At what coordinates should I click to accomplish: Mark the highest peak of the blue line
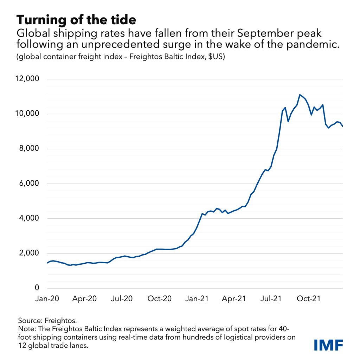click(x=300, y=95)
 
